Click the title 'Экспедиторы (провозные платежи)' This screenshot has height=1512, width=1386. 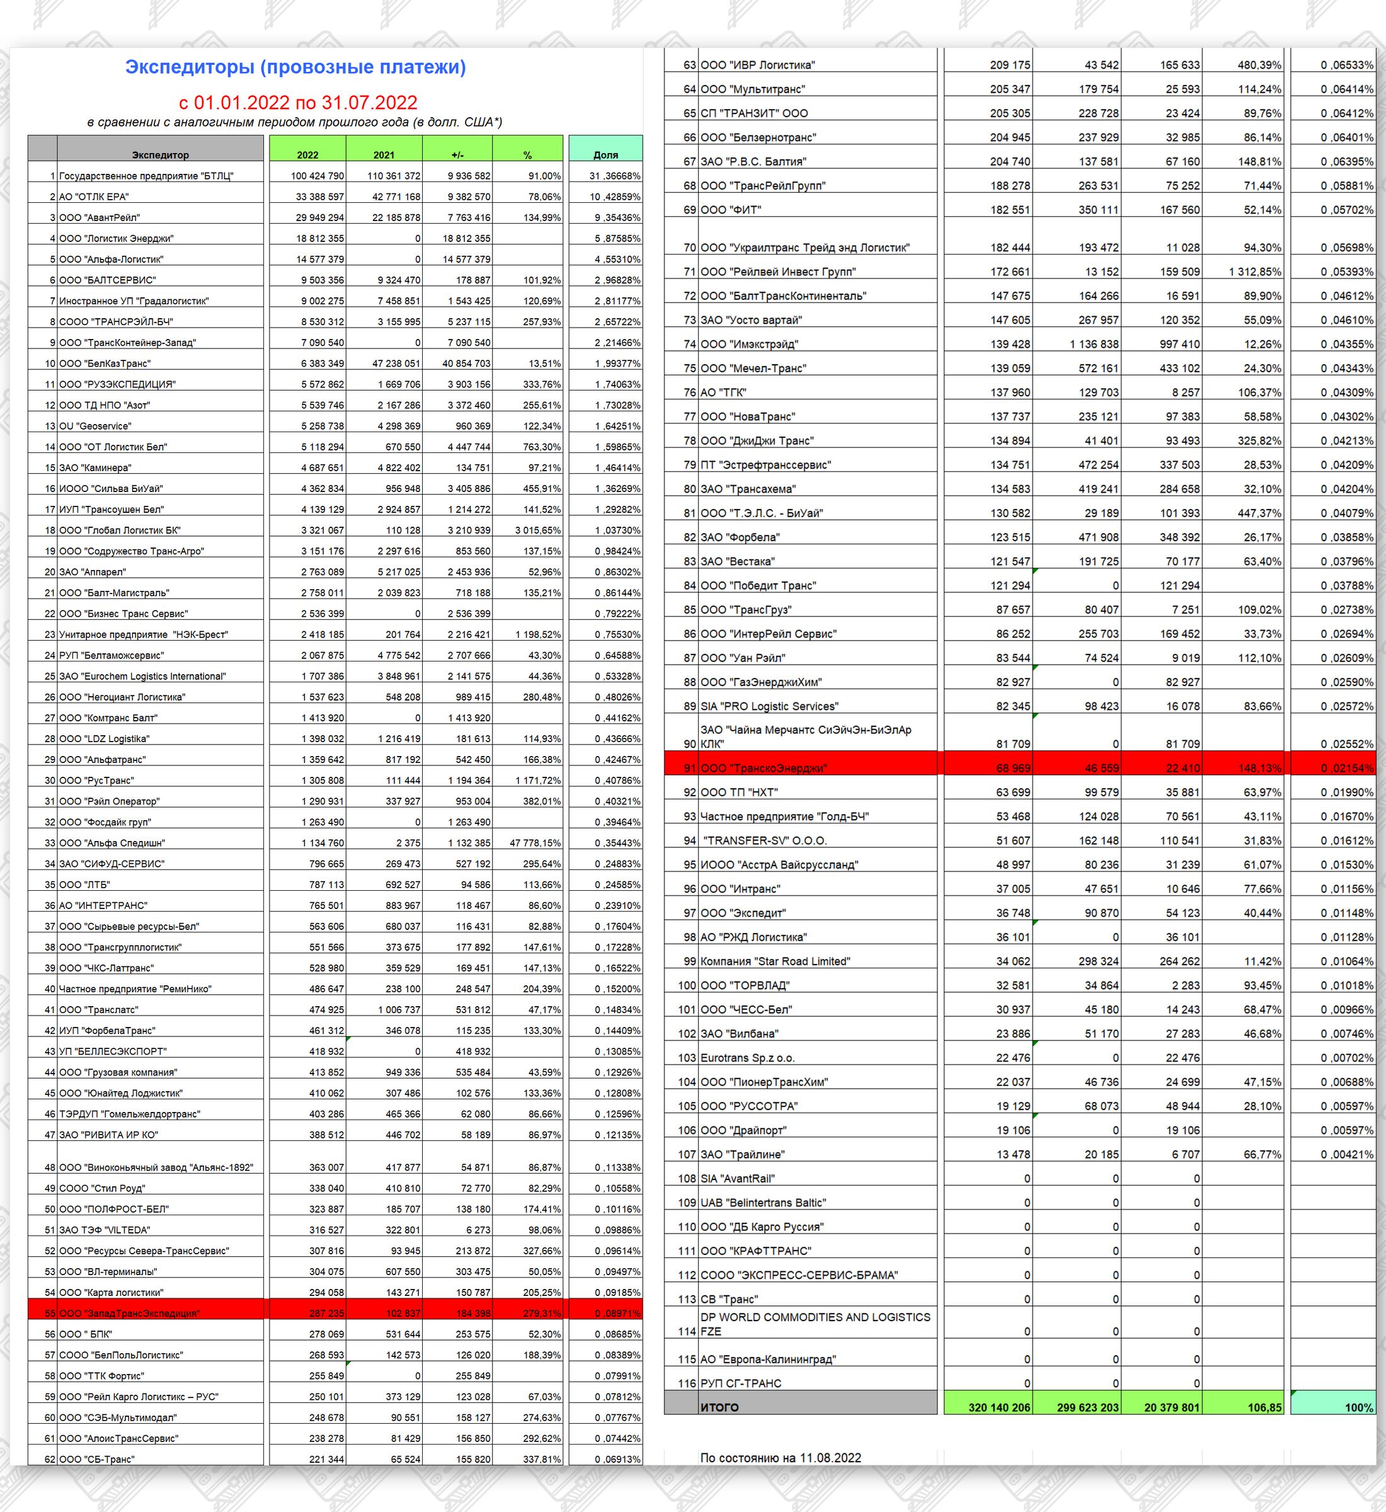[295, 67]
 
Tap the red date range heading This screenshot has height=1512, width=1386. [298, 102]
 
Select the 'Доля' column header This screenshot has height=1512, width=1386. [605, 154]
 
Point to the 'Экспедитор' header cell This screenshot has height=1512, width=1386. [161, 154]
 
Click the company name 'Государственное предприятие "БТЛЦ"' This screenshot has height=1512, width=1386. [146, 176]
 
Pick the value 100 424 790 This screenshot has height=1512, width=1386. [318, 176]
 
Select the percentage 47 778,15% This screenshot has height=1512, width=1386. [535, 843]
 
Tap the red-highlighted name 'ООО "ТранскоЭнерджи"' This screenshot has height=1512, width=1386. [764, 768]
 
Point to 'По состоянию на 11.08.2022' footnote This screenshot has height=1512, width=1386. [780, 1458]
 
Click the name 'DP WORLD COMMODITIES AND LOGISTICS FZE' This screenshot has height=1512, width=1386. [815, 1324]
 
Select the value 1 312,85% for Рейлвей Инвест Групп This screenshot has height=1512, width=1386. [1255, 272]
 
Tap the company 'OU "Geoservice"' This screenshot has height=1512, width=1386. [95, 426]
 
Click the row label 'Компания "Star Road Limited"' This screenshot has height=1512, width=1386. [775, 961]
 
